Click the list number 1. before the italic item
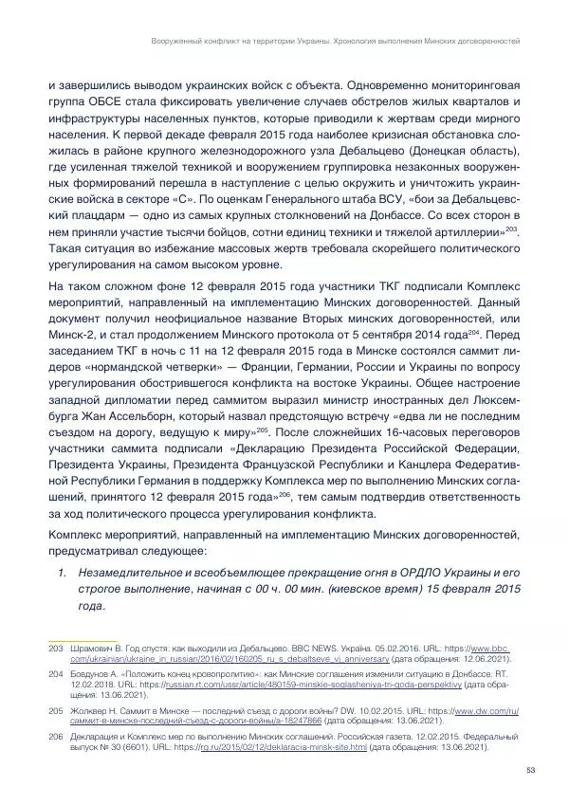click(62, 572)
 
